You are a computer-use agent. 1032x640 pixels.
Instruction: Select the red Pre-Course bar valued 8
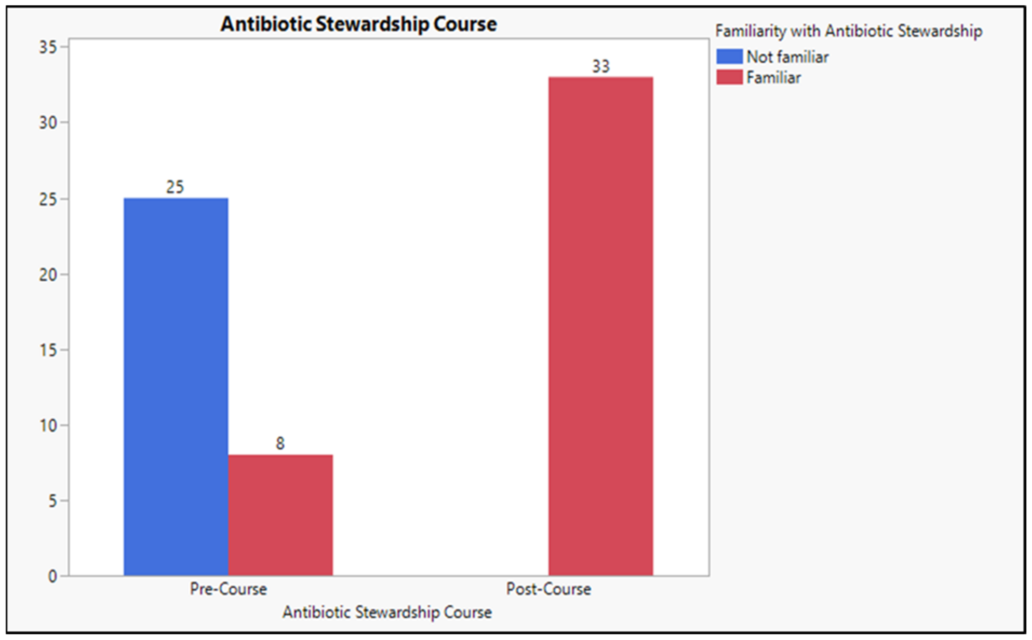(280, 515)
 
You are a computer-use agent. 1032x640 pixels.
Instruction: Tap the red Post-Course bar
(601, 326)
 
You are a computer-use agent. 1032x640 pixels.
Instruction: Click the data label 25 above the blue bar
(175, 187)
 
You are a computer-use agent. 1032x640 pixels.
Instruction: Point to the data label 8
(280, 444)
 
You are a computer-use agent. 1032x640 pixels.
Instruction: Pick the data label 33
(601, 66)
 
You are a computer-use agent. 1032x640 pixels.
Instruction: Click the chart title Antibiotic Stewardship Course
(359, 24)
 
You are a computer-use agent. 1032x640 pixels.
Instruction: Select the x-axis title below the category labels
(387, 612)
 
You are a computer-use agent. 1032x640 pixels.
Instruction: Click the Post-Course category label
(548, 589)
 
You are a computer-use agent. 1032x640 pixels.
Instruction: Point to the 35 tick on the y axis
(47, 47)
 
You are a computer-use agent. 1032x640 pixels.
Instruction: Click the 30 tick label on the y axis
(47, 123)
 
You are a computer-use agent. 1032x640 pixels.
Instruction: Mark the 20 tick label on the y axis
(47, 275)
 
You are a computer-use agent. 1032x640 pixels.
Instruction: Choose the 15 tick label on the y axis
(47, 350)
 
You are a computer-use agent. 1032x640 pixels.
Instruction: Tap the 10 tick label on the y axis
(47, 425)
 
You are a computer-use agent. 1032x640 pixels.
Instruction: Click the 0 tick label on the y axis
(52, 576)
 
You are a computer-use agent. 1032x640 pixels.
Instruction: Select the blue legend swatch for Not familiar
(729, 56)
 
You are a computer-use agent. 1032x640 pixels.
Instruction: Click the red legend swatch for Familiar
(729, 77)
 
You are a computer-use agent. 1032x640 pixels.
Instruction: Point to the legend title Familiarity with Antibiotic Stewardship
(848, 31)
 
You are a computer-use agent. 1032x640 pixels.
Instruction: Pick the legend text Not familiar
(787, 57)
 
